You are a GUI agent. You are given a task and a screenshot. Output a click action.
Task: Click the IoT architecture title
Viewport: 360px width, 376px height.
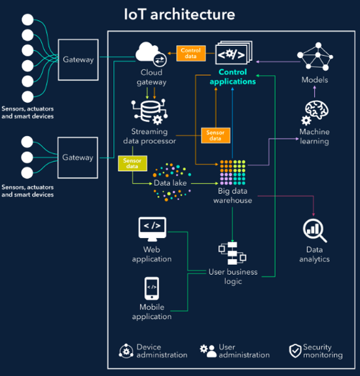pos(179,14)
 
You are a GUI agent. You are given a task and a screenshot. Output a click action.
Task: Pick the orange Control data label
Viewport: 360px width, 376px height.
pos(191,53)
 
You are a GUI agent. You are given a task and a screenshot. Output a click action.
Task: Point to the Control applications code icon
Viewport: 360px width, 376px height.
pos(234,52)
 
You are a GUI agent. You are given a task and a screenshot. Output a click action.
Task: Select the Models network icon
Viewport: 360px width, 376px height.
pos(315,57)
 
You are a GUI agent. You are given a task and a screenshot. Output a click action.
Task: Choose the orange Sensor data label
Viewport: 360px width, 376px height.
pos(215,135)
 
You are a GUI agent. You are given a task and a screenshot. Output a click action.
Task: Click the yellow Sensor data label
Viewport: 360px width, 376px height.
pos(132,163)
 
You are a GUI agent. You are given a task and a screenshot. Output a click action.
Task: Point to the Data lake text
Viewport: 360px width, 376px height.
pos(170,183)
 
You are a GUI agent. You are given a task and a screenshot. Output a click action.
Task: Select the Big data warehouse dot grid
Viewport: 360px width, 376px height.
pos(232,173)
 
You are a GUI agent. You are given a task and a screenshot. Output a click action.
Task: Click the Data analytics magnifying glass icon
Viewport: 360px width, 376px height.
pos(315,230)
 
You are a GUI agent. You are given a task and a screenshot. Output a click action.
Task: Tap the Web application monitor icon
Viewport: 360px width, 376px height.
pos(152,229)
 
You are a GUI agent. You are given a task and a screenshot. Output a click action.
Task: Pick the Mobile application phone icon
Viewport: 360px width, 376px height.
pos(152,288)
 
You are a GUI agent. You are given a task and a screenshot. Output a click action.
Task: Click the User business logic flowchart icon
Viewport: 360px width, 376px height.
pos(232,253)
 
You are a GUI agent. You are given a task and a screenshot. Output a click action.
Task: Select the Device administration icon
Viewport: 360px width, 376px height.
pos(126,351)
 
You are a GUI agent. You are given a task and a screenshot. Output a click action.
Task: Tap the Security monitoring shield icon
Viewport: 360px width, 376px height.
pos(295,350)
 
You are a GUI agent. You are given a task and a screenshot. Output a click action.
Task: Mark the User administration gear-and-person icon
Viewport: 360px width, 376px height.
pos(208,351)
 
